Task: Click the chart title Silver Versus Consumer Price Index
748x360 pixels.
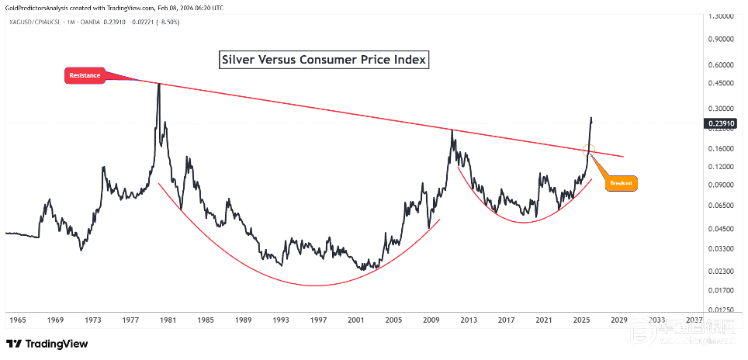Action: [x=324, y=60]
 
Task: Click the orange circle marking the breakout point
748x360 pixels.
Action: [x=588, y=148]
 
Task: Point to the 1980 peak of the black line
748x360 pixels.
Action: [x=158, y=84]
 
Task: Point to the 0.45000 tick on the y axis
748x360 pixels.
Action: [x=722, y=83]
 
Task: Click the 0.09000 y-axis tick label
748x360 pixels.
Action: [x=722, y=185]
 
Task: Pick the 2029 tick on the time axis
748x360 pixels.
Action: [x=618, y=320]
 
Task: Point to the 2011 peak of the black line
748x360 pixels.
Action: [x=452, y=130]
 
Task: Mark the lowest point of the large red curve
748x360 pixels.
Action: [x=315, y=285]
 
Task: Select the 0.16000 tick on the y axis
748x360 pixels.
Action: [x=722, y=148]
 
